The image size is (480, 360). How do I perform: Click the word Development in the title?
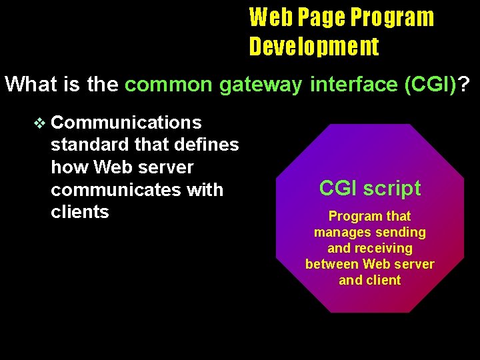(314, 46)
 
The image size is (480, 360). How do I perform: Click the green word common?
(168, 85)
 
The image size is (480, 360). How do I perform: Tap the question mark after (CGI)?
(463, 85)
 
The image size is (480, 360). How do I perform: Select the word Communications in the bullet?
(126, 123)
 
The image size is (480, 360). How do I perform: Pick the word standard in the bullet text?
(89, 145)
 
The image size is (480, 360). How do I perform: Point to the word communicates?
(107, 189)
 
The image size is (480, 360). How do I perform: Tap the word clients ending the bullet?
(79, 212)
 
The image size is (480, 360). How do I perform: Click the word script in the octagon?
(395, 188)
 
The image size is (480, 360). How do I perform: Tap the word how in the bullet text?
(70, 167)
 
